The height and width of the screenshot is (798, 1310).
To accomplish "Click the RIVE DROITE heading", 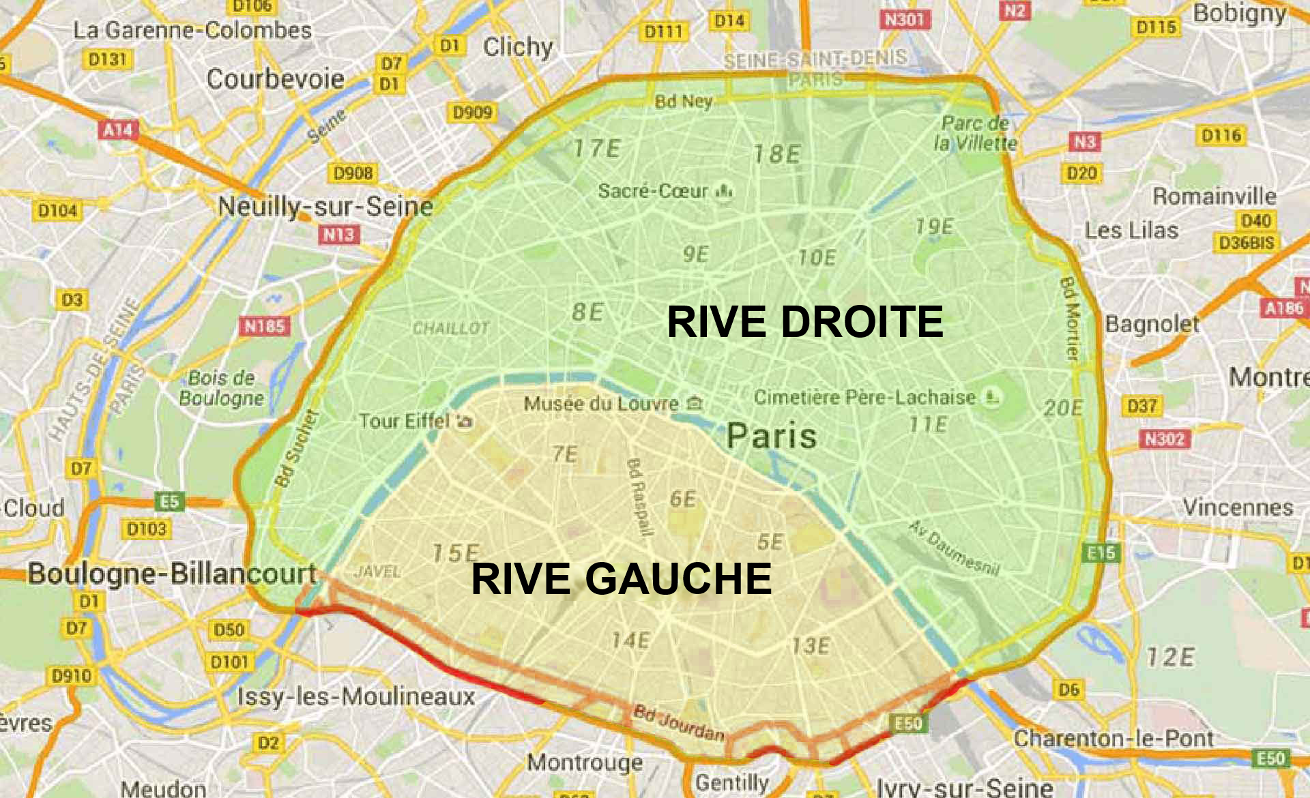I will [805, 322].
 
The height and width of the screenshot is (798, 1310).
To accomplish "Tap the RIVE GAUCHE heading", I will [621, 579].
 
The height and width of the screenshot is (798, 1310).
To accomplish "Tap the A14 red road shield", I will [118, 129].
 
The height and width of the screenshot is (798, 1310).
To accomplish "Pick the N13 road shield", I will [338, 235].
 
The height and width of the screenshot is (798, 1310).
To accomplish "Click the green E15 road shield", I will [1101, 552].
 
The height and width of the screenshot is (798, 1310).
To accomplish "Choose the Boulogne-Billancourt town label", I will [173, 573].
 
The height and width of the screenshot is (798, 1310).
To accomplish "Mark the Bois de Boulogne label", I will [221, 387].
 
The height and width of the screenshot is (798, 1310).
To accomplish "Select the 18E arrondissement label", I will [776, 154].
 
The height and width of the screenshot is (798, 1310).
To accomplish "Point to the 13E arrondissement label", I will [811, 645].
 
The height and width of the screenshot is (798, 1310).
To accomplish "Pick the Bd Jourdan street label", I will [679, 723].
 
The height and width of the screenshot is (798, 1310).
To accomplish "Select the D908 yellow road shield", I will [353, 173].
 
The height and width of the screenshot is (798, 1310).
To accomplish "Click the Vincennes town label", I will [1238, 507].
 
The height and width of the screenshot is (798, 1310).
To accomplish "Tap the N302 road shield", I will [1165, 439].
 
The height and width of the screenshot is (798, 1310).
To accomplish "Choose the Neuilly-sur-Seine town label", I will [325, 206].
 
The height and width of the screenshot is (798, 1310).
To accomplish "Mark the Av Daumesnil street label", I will [954, 547].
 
